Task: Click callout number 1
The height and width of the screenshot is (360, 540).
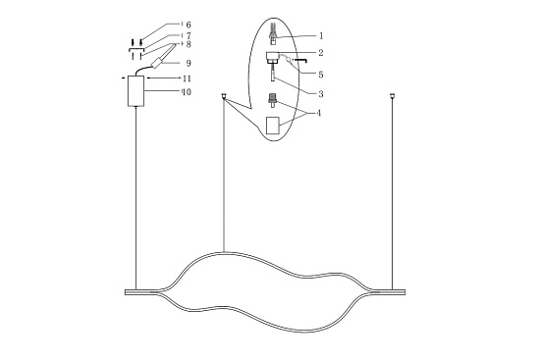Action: click(x=321, y=35)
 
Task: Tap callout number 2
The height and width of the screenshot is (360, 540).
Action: click(x=321, y=53)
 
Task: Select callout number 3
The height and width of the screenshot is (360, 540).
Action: click(x=321, y=94)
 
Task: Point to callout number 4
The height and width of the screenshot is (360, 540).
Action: click(x=319, y=113)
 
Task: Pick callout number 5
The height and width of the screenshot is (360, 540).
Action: click(x=321, y=75)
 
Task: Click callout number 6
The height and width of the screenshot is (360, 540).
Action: click(x=189, y=25)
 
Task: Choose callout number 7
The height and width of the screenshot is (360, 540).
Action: click(x=189, y=35)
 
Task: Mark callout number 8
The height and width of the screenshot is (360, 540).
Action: click(x=189, y=44)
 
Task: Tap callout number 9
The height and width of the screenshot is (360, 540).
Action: click(x=189, y=64)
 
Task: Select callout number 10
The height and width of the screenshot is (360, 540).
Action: click(x=187, y=92)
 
